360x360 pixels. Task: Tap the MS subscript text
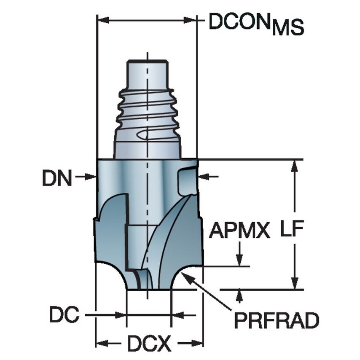287,29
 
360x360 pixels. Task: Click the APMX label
240,231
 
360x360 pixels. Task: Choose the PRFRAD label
276,322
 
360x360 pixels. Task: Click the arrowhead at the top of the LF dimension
295,166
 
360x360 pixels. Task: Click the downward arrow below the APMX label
239,259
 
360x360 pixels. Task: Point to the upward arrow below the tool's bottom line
239,296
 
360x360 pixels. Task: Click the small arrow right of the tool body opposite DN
204,177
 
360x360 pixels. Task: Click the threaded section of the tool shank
148,112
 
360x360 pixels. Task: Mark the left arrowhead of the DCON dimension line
103,20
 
